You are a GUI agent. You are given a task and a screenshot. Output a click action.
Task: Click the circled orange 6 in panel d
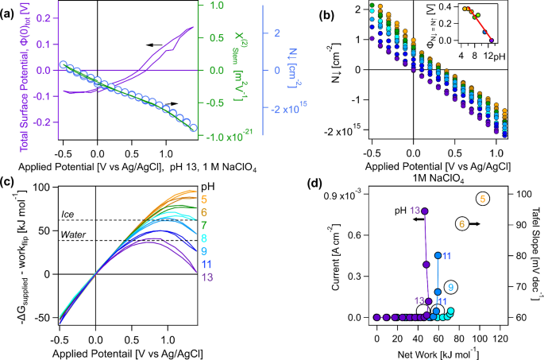click(461, 225)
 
